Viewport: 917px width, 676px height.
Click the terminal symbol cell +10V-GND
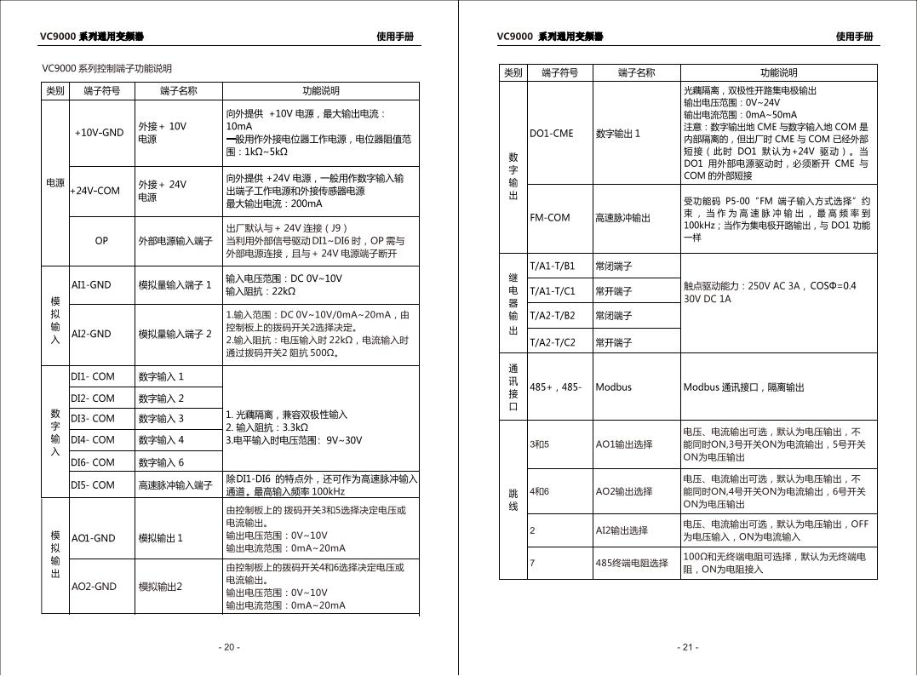(99, 133)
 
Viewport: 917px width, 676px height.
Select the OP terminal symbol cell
(101, 241)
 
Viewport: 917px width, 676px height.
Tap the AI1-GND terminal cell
(91, 284)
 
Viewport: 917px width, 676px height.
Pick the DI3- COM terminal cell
(93, 418)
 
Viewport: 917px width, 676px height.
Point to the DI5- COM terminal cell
(93, 485)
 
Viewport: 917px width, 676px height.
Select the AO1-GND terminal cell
(94, 538)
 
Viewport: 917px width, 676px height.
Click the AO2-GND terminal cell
(95, 587)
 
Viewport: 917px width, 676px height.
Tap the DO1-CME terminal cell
(551, 133)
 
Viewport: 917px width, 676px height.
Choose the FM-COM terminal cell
(550, 218)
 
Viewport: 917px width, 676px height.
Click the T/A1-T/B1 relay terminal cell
(553, 266)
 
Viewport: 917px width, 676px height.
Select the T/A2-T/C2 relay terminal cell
(553, 342)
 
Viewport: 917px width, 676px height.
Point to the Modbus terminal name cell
(613, 387)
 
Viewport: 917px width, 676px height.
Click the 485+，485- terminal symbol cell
(556, 387)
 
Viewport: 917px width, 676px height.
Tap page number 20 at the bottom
(229, 647)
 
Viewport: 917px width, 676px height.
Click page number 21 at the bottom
(688, 647)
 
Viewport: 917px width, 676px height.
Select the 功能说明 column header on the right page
(779, 73)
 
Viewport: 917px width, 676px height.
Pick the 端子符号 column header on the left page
(101, 91)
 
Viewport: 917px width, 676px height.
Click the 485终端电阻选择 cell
(632, 563)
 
